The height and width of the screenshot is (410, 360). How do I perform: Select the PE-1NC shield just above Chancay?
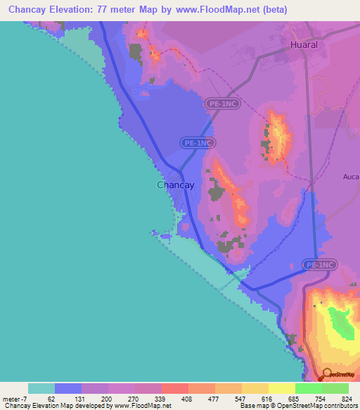[198, 142]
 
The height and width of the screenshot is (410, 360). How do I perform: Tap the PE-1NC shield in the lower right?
[321, 265]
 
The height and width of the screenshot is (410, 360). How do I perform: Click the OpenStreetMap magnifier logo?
[328, 375]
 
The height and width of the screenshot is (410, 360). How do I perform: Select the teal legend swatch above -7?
[41, 388]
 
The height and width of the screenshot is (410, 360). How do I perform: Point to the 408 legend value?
[167, 399]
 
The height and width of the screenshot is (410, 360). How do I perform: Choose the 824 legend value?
[346, 399]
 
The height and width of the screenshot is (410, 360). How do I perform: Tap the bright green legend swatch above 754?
[309, 388]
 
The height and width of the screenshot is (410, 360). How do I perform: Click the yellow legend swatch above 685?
[282, 388]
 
